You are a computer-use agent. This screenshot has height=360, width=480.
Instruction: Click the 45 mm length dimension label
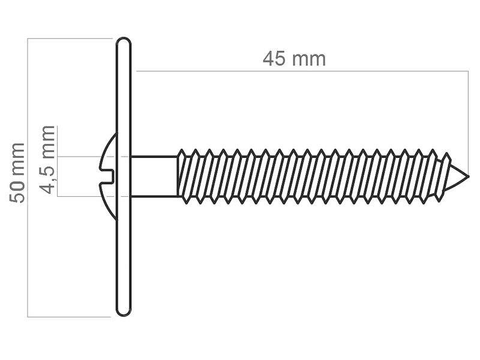294,58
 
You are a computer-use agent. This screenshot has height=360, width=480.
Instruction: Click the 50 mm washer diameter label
17,173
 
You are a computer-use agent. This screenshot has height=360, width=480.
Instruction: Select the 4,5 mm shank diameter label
48,160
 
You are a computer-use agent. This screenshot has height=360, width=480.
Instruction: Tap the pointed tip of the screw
468,176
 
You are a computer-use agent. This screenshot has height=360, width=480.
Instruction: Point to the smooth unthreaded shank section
154,176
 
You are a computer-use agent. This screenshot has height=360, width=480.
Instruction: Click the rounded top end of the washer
124,42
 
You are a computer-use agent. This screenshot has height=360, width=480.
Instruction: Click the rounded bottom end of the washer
124,311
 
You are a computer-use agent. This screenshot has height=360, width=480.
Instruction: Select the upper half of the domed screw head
109,151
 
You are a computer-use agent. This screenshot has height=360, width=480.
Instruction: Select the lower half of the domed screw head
109,202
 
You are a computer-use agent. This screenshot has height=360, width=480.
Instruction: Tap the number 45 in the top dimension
274,58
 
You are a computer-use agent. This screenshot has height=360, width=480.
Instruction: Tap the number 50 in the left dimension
17,191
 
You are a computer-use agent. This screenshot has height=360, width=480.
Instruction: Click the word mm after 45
308,60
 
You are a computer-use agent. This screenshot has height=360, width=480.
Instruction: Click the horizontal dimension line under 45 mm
302,71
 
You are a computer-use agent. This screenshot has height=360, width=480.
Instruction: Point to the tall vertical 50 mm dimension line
28,178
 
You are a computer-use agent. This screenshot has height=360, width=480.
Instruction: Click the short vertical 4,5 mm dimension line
57,161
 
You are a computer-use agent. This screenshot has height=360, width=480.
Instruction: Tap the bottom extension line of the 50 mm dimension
69,317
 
